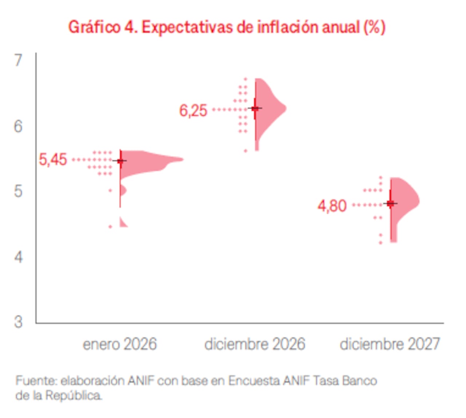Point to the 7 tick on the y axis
tap(19, 61)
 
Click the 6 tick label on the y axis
tap(18, 126)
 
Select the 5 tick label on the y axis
tap(18, 191)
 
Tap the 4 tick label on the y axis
tap(18, 257)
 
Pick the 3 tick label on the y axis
tap(18, 322)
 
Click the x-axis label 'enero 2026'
tap(120, 344)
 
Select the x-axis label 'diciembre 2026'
tap(254, 344)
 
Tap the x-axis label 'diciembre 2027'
tap(390, 344)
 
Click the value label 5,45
tap(53, 160)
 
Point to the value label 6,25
tap(193, 111)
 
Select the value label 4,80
tap(332, 206)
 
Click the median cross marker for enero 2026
tap(120, 160)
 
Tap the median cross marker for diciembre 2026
tap(255, 108)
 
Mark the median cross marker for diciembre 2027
tap(391, 203)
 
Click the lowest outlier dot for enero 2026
tap(110, 227)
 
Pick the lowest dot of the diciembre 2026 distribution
tap(245, 151)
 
